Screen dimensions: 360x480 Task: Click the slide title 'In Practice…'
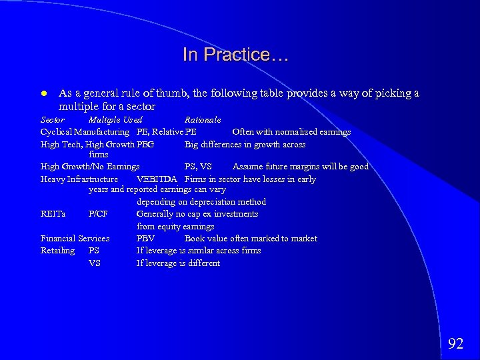coord(236,55)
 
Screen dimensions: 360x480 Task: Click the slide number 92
coord(455,343)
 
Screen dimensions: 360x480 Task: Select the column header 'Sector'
coord(53,120)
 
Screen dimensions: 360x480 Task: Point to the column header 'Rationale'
coord(203,120)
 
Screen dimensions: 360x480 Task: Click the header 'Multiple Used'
coord(115,120)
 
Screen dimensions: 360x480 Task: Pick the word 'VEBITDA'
coord(157,179)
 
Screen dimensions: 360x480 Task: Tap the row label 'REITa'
coord(53,214)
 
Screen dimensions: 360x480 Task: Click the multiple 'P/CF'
coord(98,214)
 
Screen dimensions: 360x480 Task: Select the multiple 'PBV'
coord(145,239)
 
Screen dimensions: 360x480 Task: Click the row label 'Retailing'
coord(58,251)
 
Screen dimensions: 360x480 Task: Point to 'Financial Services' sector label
coord(75,239)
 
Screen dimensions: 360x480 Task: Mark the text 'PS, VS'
coord(198,167)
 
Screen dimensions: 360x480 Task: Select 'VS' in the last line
coord(95,263)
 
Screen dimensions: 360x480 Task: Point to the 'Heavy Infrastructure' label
coord(79,179)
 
